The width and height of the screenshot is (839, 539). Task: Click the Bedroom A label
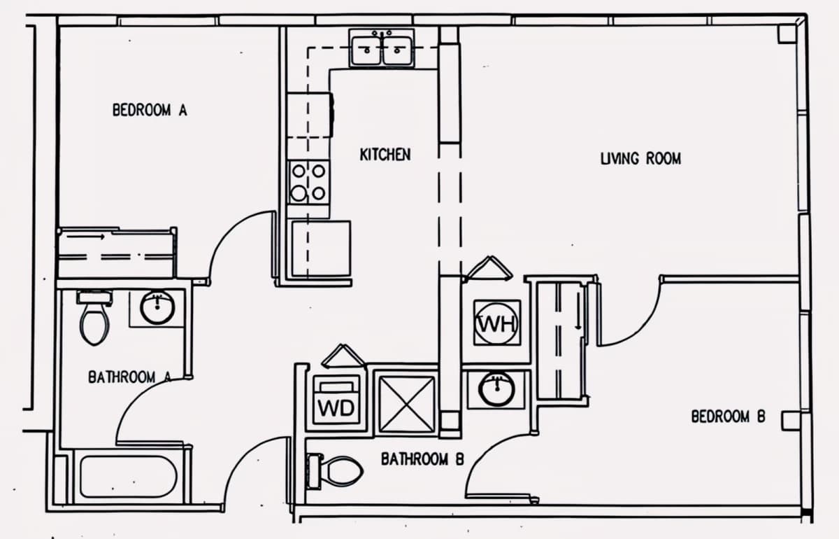[150, 110]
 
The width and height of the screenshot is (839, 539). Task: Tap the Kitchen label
[385, 155]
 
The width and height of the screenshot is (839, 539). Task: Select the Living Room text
[641, 159]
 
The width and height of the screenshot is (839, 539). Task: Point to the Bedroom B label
[728, 416]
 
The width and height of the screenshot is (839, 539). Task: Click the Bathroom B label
[422, 458]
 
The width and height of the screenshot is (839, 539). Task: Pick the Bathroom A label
[129, 377]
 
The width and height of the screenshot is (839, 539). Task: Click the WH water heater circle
[497, 323]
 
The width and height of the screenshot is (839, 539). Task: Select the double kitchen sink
[382, 49]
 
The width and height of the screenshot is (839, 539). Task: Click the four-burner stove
[308, 182]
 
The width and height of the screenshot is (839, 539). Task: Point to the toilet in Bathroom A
[95, 318]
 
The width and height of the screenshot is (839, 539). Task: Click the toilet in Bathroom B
[334, 471]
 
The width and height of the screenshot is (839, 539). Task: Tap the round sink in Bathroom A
[157, 307]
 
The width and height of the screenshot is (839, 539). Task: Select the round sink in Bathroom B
[497, 389]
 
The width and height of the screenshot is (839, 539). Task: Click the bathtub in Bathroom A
[129, 477]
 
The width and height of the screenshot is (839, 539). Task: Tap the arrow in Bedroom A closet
[86, 237]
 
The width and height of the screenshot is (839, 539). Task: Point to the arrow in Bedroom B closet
[578, 311]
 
